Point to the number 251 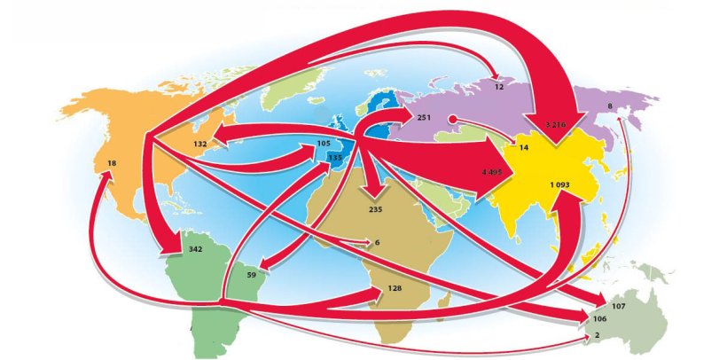(424, 118)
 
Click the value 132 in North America (199, 143)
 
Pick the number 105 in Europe (324, 143)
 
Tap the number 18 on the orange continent (112, 163)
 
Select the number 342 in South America (196, 249)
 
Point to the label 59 (251, 275)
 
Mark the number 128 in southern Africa (395, 289)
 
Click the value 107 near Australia (619, 306)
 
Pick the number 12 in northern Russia (499, 88)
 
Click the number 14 (524, 147)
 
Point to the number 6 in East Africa (377, 242)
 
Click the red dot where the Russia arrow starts (450, 118)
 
